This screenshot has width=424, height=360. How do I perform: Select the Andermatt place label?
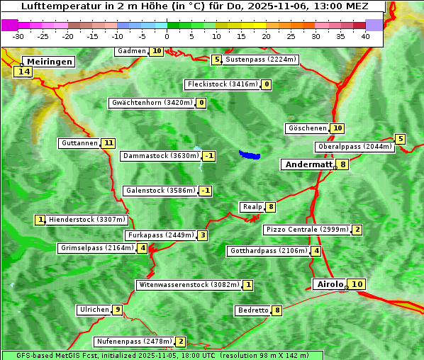[x=308, y=164]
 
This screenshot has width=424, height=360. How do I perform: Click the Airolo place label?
[x=330, y=284]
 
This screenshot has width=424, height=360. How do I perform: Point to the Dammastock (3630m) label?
[x=160, y=156]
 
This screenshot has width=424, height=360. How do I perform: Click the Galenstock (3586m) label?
[x=160, y=191]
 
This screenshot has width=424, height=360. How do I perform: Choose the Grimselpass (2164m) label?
[x=97, y=248]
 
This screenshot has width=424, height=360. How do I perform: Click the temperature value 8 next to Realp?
[x=271, y=207]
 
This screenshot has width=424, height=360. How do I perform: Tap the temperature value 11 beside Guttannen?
[x=108, y=143]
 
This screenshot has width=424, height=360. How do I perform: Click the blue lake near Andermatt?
[x=250, y=154]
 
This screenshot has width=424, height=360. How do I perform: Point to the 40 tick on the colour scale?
[x=365, y=36]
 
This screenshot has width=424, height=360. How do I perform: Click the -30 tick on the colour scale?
[x=18, y=36]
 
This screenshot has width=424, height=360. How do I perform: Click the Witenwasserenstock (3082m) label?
[x=188, y=285]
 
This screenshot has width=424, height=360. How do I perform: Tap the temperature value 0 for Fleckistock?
[x=266, y=85]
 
